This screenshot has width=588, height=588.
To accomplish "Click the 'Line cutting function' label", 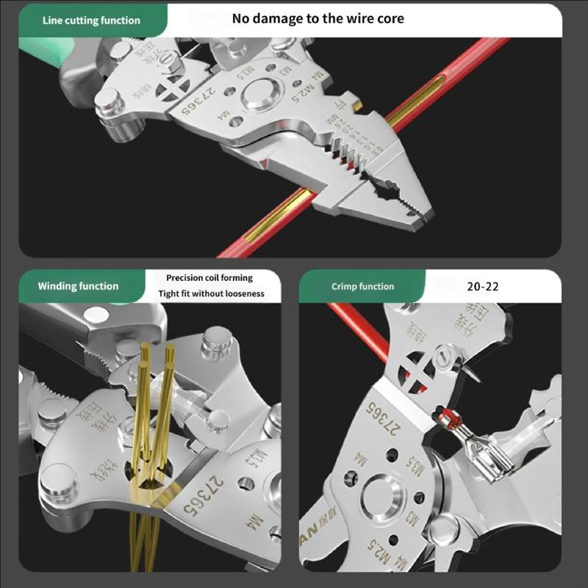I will point(91,21).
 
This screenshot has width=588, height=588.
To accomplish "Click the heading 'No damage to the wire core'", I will point(318,18).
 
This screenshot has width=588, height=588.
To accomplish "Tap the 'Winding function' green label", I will point(78,286).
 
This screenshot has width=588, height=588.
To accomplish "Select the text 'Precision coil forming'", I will point(209,278).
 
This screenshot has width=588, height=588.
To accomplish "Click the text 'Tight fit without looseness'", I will point(211,294).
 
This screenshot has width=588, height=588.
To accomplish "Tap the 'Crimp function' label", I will point(362,287).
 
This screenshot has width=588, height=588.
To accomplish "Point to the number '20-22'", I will point(482,287).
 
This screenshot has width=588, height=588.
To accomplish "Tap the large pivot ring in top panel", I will point(259,94).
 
